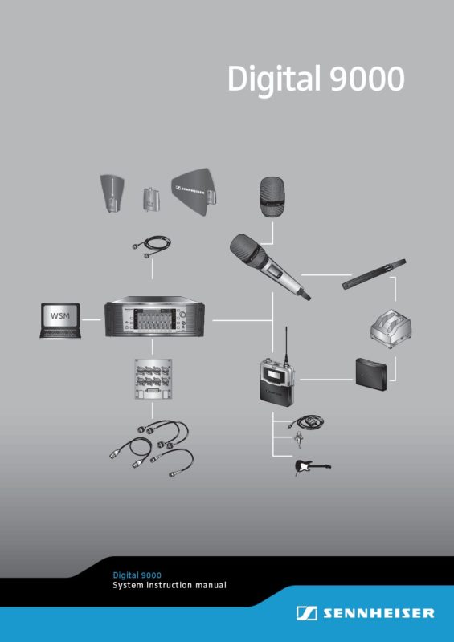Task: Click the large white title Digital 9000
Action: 316,79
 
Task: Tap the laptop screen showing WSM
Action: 60,315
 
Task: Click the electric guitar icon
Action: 313,468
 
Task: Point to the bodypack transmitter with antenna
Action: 277,372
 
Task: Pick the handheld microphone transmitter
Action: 268,266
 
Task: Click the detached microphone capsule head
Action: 272,197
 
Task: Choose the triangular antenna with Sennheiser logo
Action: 194,191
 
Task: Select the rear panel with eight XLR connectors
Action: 153,380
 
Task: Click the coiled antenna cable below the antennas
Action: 152,246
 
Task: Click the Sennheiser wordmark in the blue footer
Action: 378,613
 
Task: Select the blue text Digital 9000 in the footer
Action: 137,575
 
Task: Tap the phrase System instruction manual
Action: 170,586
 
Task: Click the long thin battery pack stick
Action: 374,274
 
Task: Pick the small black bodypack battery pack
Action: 371,373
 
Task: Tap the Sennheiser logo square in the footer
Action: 306,613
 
